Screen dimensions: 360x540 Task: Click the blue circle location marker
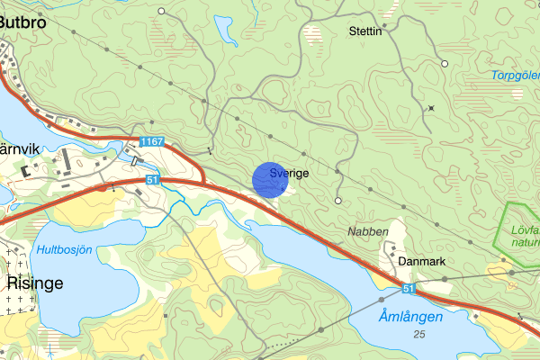pyautogui.click(x=269, y=179)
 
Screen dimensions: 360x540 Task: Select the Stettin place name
pyautogui.click(x=365, y=31)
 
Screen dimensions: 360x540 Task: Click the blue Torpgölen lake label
pyautogui.click(x=515, y=76)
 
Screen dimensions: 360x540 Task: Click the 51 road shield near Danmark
pyautogui.click(x=409, y=289)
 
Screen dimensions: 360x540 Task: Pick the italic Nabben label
pyautogui.click(x=367, y=232)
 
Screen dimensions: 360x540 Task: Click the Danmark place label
pyautogui.click(x=421, y=261)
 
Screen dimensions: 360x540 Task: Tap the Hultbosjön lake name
pyautogui.click(x=65, y=249)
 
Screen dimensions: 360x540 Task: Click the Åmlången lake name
pyautogui.click(x=410, y=317)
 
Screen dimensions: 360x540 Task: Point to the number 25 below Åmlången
pyautogui.click(x=419, y=335)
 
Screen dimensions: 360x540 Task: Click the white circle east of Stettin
pyautogui.click(x=445, y=63)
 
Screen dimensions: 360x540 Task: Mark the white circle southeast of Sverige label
pyautogui.click(x=338, y=200)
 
